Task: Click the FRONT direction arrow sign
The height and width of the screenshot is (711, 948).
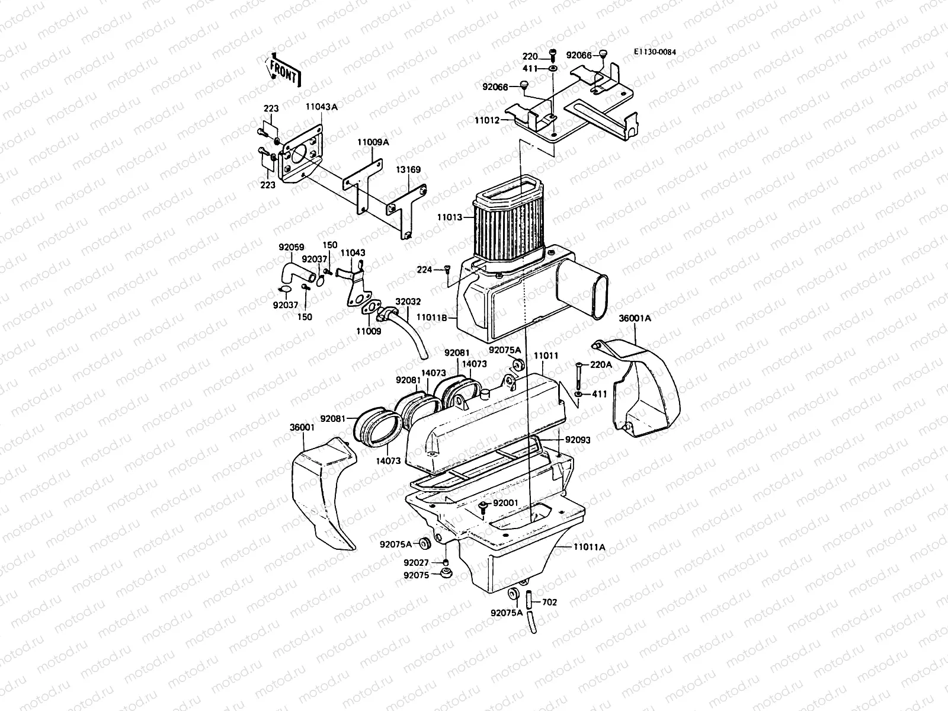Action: tap(284, 71)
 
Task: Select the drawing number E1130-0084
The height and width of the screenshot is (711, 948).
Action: tap(654, 52)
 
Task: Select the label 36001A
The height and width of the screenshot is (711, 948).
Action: tap(635, 318)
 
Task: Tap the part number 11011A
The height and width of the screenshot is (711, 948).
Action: tap(589, 547)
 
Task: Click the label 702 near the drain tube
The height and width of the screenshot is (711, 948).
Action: tap(549, 602)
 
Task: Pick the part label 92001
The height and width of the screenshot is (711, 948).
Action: tap(505, 503)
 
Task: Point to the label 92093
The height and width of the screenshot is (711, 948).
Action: tap(578, 440)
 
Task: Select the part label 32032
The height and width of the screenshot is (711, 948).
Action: tap(408, 301)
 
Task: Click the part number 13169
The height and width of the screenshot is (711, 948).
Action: tap(408, 170)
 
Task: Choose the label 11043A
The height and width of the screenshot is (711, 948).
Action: tap(321, 107)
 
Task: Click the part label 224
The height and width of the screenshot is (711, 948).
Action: tap(424, 270)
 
